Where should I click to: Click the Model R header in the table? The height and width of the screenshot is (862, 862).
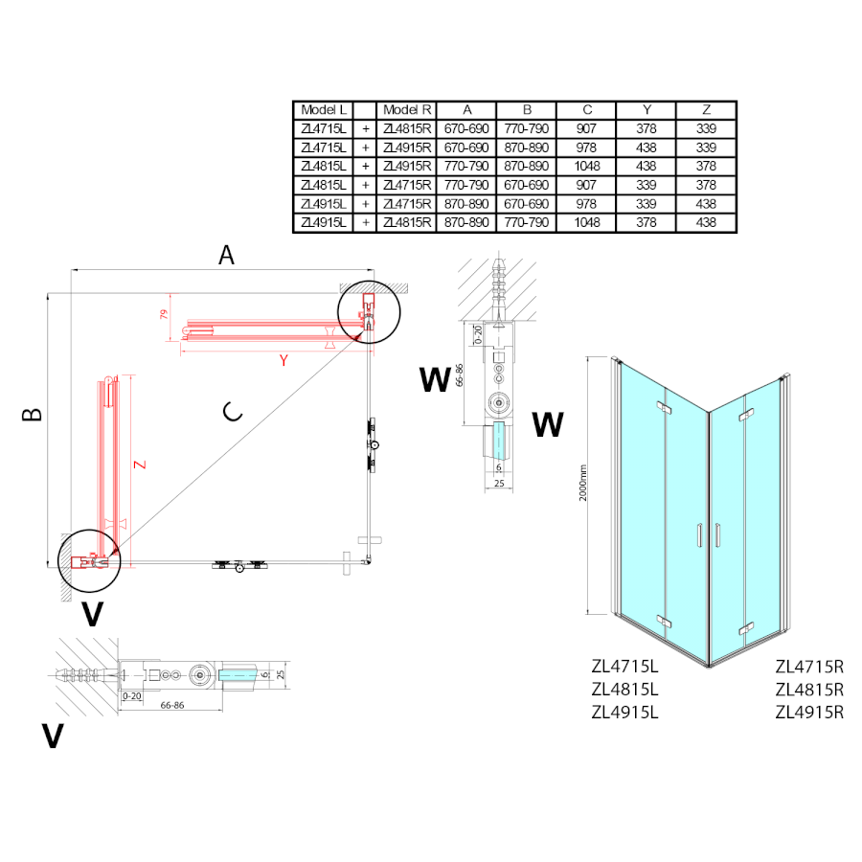pyautogui.click(x=407, y=110)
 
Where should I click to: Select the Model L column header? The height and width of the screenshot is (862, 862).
pyautogui.click(x=324, y=110)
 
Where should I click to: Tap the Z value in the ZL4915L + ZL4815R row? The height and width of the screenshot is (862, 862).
pyautogui.click(x=706, y=222)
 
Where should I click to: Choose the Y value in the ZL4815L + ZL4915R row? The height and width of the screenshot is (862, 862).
pyautogui.click(x=646, y=166)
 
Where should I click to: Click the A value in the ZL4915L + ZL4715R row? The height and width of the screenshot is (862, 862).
pyautogui.click(x=466, y=204)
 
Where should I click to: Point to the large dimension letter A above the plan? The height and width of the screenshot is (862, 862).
pyautogui.click(x=226, y=255)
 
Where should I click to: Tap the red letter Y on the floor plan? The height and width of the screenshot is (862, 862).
pyautogui.click(x=284, y=360)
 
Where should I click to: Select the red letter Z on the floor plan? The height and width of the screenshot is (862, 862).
pyautogui.click(x=140, y=465)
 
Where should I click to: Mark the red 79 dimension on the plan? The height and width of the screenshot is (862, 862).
pyautogui.click(x=164, y=314)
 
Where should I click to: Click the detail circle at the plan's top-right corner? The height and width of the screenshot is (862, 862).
pyautogui.click(x=368, y=310)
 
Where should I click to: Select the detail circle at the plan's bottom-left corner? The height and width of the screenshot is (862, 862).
pyautogui.click(x=88, y=560)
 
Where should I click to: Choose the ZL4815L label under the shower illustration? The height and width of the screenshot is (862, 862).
pyautogui.click(x=626, y=689)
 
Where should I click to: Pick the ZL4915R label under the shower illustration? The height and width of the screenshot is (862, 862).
pyautogui.click(x=809, y=712)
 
